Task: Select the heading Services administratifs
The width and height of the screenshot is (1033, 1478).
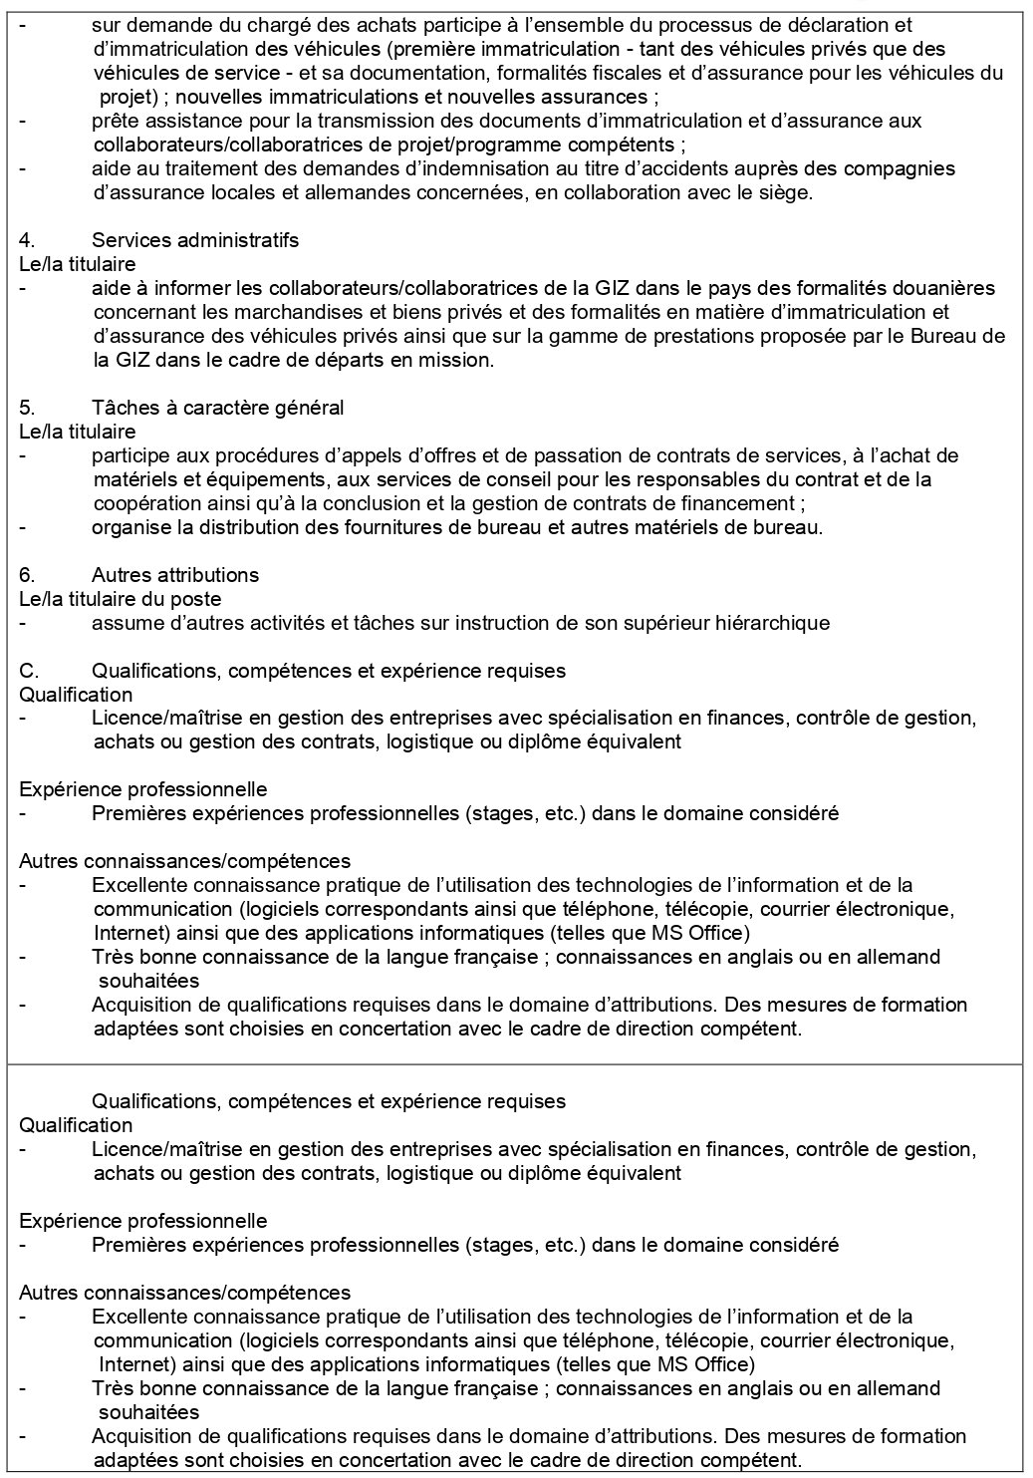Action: pos(195,240)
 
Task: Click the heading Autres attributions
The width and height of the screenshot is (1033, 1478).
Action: pos(175,575)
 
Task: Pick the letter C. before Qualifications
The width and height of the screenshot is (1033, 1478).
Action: pos(28,671)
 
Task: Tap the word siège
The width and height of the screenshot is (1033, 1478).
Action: pos(787,192)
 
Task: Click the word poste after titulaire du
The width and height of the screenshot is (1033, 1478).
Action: pos(196,599)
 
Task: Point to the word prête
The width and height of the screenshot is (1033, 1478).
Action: pos(113,121)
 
